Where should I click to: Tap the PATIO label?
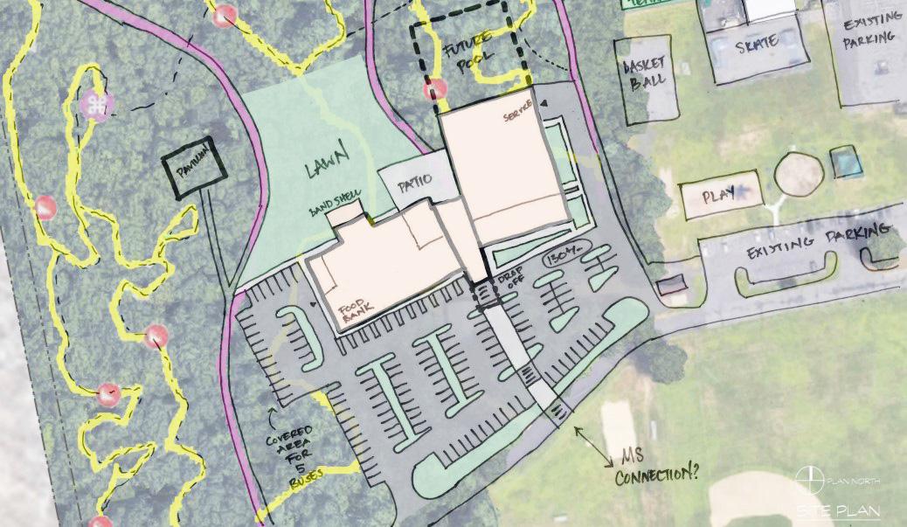[x=417, y=185]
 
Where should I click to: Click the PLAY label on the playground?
[x=719, y=197]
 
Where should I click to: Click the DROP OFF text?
[x=509, y=287]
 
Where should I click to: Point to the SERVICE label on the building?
[x=518, y=117]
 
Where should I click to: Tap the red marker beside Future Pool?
[x=434, y=89]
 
